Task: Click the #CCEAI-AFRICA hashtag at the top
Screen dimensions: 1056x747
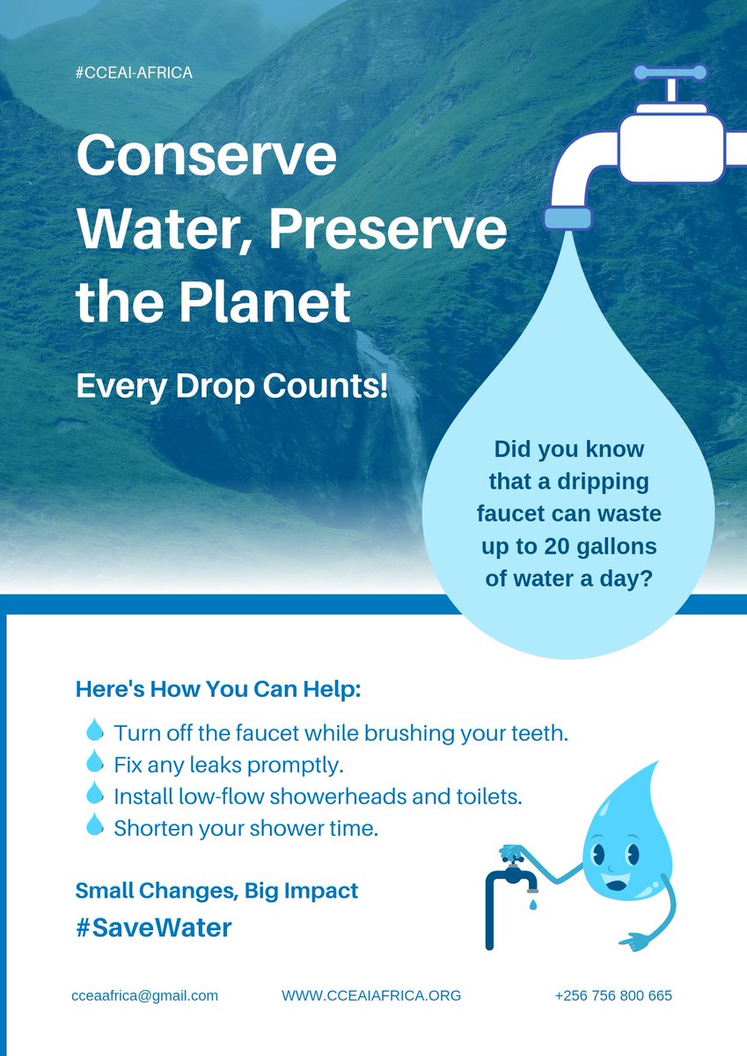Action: tap(134, 72)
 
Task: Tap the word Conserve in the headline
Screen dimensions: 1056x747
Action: tap(206, 156)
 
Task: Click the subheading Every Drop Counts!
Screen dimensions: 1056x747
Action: tap(231, 386)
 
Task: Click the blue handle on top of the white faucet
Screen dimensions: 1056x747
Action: tap(670, 73)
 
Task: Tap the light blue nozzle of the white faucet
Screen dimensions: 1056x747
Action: tap(568, 217)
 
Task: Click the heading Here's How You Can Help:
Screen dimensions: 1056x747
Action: tap(218, 689)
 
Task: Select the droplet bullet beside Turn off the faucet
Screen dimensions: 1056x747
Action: tap(95, 730)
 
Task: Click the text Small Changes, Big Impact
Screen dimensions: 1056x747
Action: tap(216, 890)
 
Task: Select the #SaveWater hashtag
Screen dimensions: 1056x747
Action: tap(153, 927)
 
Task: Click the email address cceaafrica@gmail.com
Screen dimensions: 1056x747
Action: tap(144, 995)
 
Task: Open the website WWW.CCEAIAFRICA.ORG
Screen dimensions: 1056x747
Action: tap(371, 995)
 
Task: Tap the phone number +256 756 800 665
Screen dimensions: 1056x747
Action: tap(613, 995)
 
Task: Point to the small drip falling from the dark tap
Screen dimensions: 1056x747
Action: tap(531, 903)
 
